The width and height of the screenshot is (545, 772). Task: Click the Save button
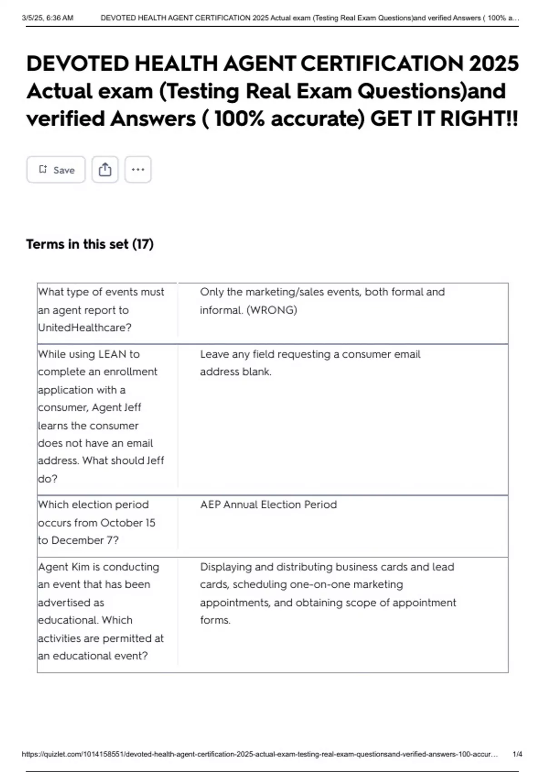[56, 170]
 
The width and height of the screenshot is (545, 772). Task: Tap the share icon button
[105, 170]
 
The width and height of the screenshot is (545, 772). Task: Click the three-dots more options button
[138, 170]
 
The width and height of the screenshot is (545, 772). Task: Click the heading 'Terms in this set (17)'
[90, 244]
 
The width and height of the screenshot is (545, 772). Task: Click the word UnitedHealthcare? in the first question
[84, 327]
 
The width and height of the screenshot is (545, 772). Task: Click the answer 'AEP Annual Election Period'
[268, 505]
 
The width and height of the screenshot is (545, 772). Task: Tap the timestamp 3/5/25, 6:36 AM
[47, 18]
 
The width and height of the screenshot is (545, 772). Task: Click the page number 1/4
[517, 754]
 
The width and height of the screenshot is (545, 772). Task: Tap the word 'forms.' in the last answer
[215, 620]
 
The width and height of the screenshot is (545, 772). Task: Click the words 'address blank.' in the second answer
[236, 372]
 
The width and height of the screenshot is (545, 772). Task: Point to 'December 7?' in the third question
[85, 540]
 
